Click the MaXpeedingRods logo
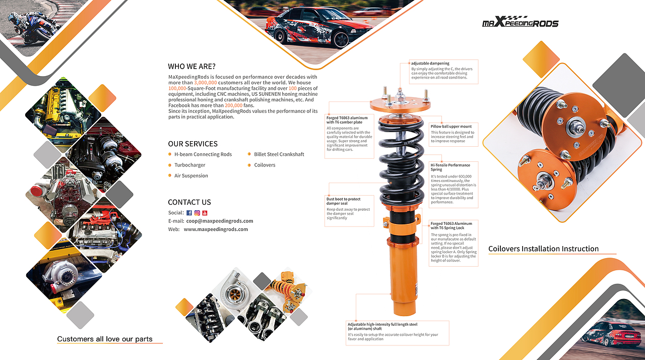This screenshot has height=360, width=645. click(521, 22)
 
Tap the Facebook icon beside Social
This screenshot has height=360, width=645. click(189, 213)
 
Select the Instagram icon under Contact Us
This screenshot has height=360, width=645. click(197, 213)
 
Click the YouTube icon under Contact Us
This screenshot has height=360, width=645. click(205, 213)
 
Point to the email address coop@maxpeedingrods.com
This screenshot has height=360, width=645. click(220, 221)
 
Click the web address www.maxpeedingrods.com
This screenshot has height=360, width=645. click(216, 229)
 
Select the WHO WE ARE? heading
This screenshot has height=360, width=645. click(192, 66)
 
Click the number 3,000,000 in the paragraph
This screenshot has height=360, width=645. click(205, 83)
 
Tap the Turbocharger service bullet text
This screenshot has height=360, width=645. click(190, 165)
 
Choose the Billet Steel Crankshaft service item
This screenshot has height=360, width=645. click(279, 154)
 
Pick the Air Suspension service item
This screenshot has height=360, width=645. click(191, 175)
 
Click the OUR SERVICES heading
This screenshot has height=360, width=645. click(193, 144)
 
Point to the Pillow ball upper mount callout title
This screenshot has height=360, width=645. click(451, 127)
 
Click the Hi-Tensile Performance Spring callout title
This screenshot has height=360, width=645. click(450, 167)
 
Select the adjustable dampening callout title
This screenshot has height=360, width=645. click(430, 64)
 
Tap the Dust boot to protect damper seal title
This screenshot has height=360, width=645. click(343, 201)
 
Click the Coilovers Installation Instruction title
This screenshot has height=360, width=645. click(543, 249)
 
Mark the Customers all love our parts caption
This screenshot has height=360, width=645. click(105, 339)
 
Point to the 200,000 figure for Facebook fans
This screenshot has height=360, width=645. click(233, 105)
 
